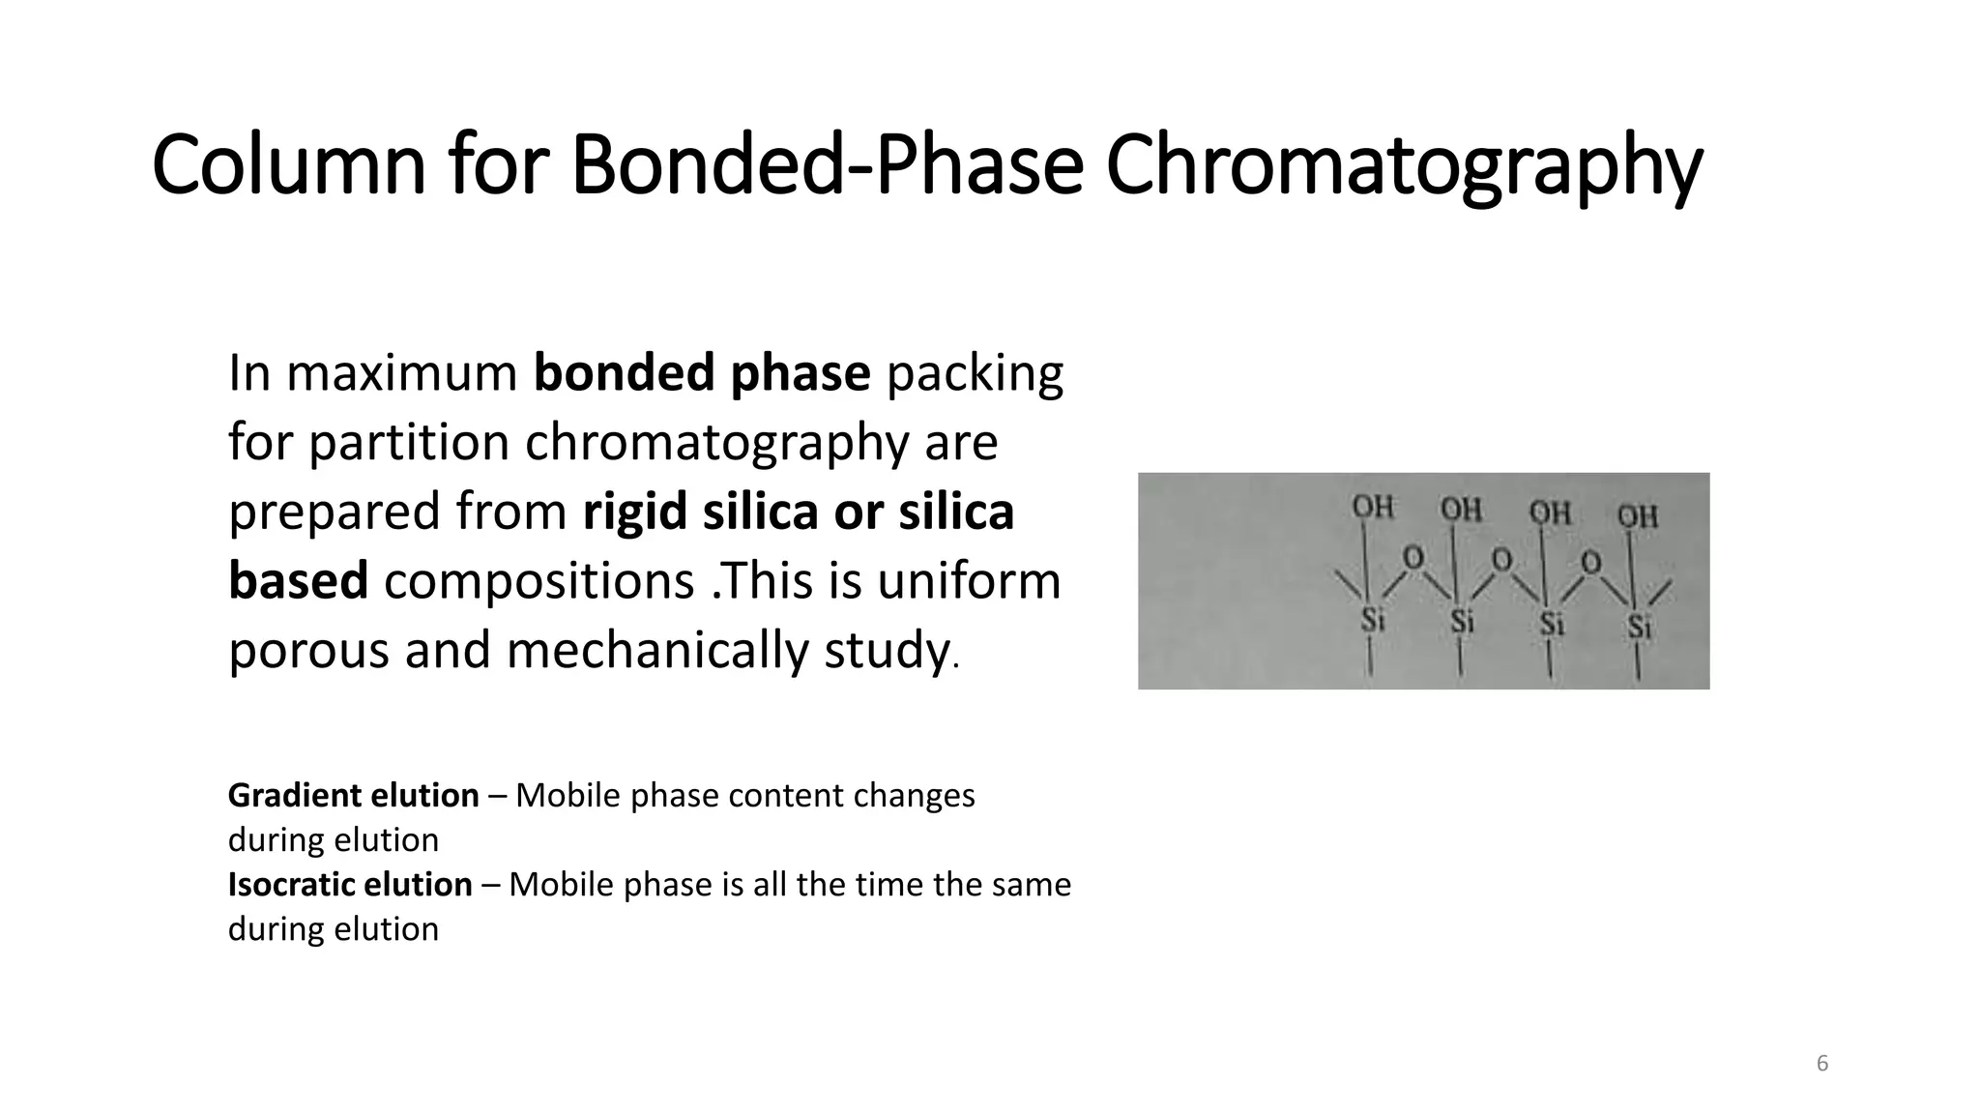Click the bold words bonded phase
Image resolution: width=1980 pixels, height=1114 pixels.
point(702,373)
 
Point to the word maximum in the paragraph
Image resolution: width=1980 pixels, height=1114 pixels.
point(401,373)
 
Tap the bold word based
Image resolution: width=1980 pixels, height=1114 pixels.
point(298,580)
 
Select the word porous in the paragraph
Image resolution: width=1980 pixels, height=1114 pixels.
point(307,650)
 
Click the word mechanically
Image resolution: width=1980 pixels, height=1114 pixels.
point(656,650)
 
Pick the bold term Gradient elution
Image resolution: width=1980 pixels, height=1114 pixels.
point(353,795)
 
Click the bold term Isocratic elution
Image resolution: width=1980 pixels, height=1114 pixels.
point(350,884)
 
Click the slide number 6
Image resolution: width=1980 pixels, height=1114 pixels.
point(1822,1064)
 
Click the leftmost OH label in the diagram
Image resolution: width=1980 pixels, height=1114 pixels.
point(1372,507)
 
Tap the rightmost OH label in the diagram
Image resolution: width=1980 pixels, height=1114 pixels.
point(1638,515)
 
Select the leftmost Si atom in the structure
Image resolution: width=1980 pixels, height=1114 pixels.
point(1373,619)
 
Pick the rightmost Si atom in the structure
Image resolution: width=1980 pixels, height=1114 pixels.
point(1639,627)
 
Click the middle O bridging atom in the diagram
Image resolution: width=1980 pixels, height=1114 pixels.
point(1501,559)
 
